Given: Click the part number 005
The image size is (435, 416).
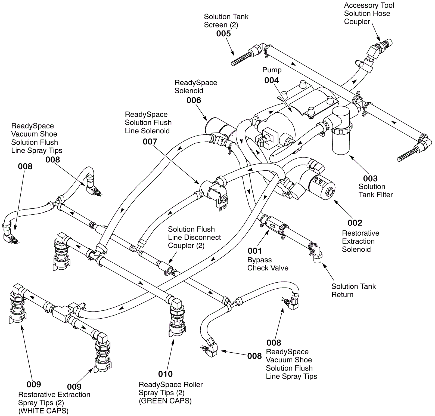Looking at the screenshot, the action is coord(223,33).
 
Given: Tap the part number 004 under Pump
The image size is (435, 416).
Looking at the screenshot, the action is coord(272,80).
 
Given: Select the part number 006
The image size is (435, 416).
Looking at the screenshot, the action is coord(194,100).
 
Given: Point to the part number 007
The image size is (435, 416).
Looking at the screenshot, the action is coord(150,141).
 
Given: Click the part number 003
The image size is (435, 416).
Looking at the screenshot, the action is coord(370,178).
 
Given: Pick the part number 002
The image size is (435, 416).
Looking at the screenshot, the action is coord(355,223).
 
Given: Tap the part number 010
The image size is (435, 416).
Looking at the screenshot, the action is coord(165,374).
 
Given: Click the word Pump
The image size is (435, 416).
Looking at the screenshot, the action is coord(272,70).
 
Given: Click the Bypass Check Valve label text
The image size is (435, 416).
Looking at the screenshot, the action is coord(268,264).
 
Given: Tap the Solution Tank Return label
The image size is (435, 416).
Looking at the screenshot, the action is coord(353,290).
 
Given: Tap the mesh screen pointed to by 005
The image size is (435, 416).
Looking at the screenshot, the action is coord(242,59).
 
